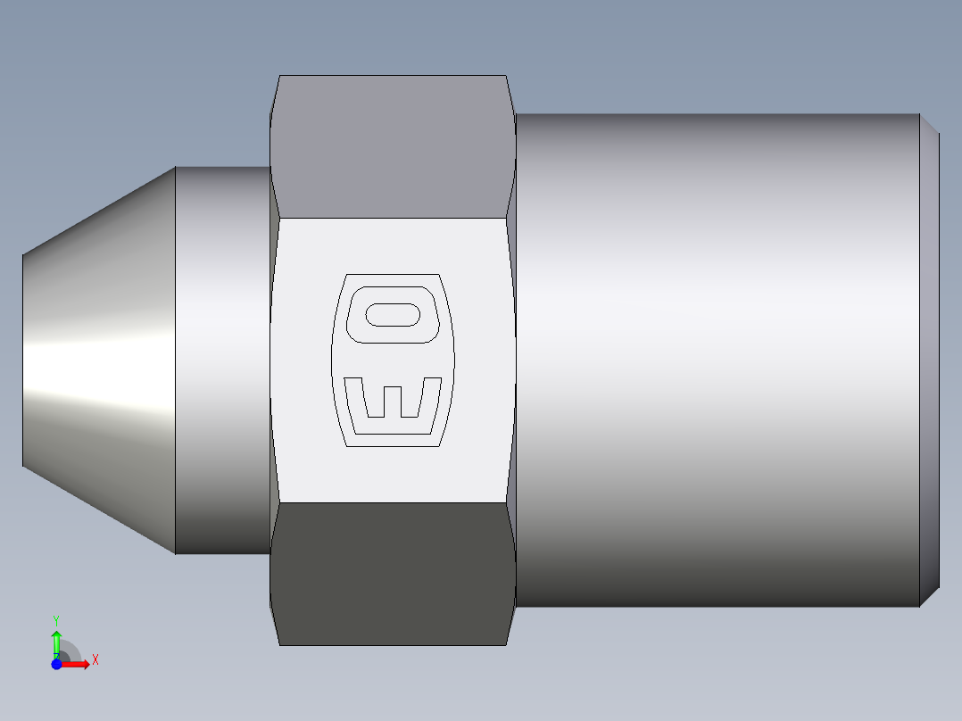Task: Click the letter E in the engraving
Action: [393, 410]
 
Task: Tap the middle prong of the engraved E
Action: [393, 401]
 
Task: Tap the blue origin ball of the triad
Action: [57, 664]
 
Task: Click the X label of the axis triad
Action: [95, 660]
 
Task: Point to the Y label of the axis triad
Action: [56, 619]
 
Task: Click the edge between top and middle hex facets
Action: [393, 217]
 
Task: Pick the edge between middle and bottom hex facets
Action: [393, 502]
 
